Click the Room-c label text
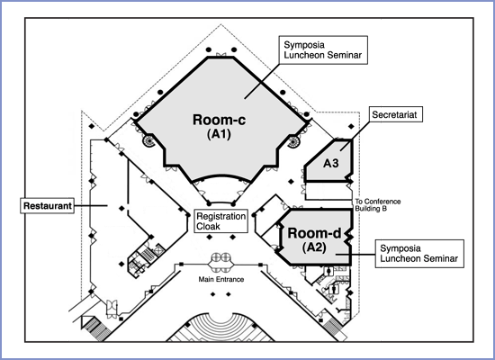point(219,120)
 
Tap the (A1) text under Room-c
point(219,134)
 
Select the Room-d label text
point(314,233)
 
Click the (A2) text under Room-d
point(314,247)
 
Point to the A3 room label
point(331,163)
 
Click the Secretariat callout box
point(396,114)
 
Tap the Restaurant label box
point(48,206)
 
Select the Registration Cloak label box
point(220,221)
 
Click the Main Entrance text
point(221,279)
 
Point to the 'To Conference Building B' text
point(378,205)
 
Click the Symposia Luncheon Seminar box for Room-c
point(323,49)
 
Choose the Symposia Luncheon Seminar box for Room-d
point(419,254)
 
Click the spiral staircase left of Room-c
point(148,140)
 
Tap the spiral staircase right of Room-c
point(293,141)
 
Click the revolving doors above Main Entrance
point(221,257)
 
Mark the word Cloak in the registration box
point(208,227)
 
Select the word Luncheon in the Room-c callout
point(303,55)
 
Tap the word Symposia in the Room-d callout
point(400,248)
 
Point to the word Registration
point(221,217)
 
